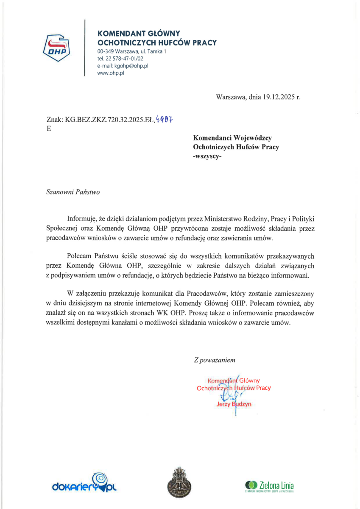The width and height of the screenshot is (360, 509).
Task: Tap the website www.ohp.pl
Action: click(110, 73)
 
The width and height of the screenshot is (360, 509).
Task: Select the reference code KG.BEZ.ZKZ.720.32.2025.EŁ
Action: click(109, 120)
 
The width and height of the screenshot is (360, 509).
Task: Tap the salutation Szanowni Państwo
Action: click(73, 192)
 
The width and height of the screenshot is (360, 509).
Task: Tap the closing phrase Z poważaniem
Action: click(214, 360)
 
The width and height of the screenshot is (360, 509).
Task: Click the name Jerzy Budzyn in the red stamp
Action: click(234, 404)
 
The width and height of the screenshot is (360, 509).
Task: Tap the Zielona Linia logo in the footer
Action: click(269, 485)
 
